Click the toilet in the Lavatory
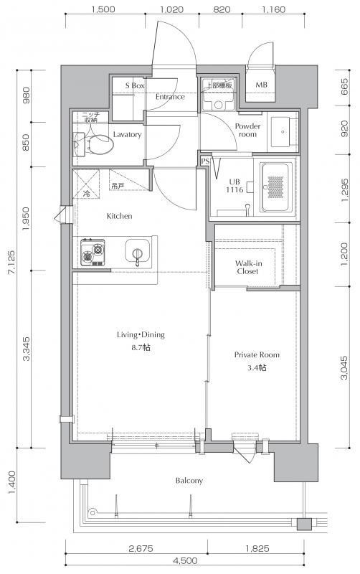(x=95, y=143)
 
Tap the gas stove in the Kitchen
(x=93, y=253)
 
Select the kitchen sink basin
(x=138, y=250)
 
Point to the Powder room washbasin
(x=283, y=132)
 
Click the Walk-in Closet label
(x=248, y=267)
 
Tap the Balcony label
(x=189, y=480)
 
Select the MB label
(x=261, y=85)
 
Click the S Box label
(x=135, y=85)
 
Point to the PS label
(x=204, y=161)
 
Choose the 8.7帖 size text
(x=141, y=347)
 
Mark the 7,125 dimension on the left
(x=12, y=262)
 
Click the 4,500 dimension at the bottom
(x=185, y=560)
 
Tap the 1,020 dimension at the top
(x=171, y=9)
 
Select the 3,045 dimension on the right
(x=344, y=367)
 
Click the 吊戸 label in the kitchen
(x=117, y=187)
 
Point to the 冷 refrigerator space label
(x=87, y=194)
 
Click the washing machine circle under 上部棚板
(x=219, y=105)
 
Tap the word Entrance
(x=170, y=97)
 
